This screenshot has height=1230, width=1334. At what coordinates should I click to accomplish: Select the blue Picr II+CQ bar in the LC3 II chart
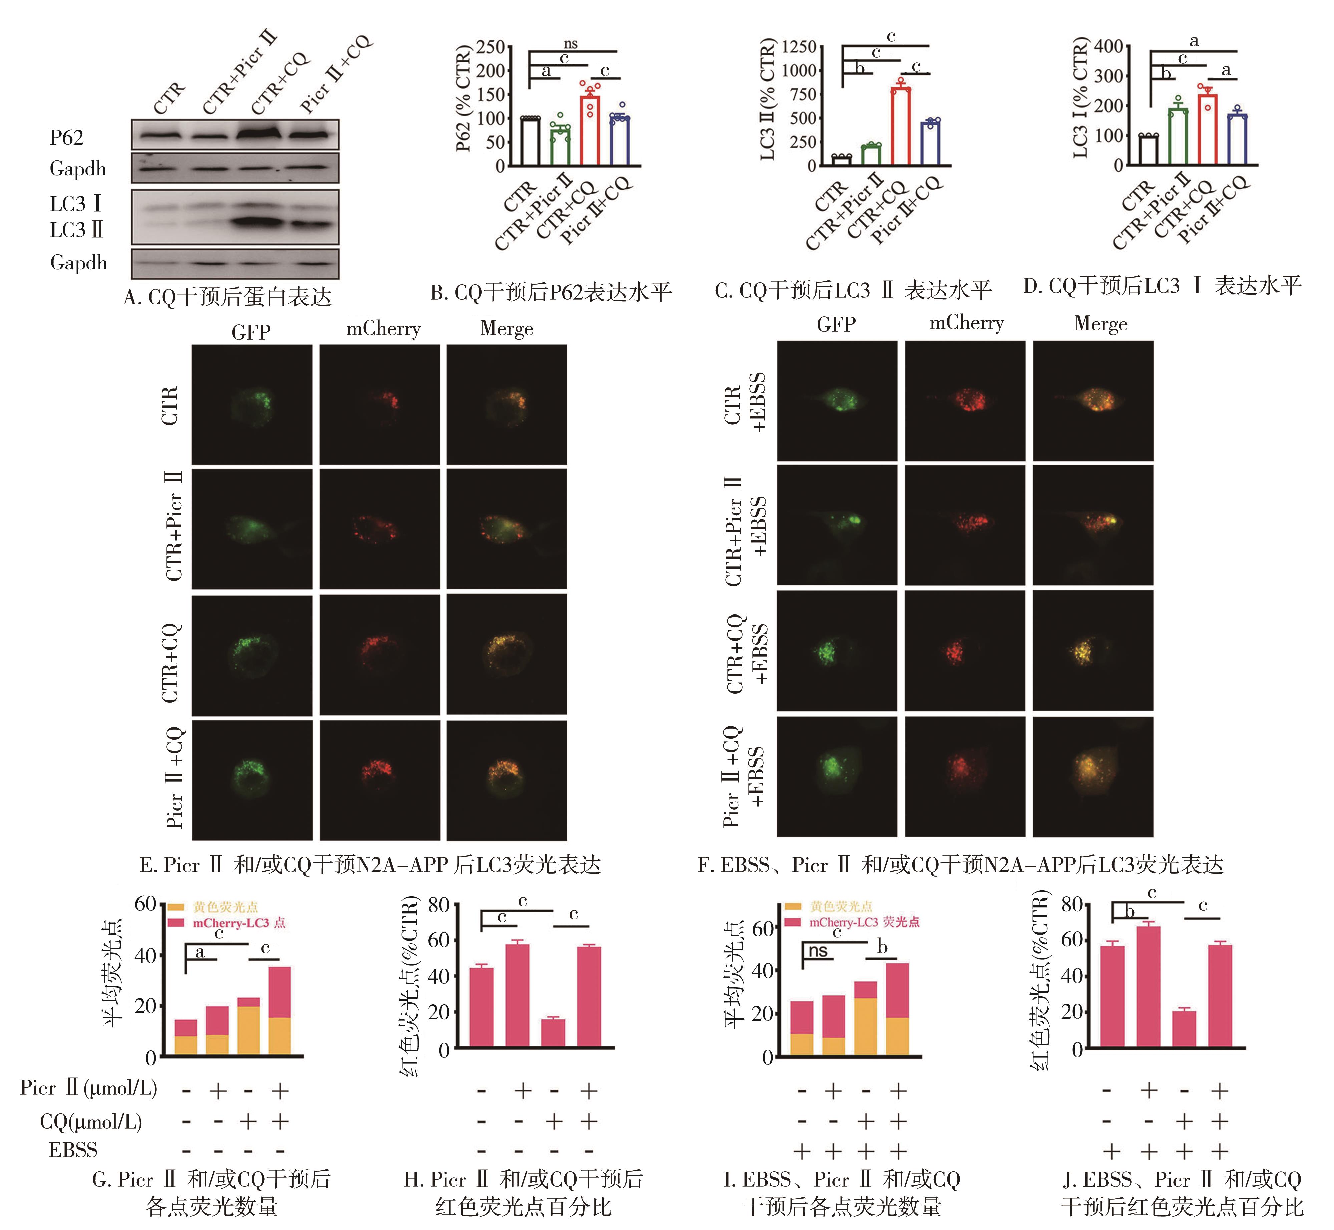click(930, 143)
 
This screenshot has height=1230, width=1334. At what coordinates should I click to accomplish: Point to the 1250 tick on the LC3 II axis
click(799, 47)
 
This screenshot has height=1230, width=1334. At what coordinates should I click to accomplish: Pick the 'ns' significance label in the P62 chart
click(571, 44)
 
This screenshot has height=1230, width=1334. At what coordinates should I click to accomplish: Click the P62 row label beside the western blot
click(67, 138)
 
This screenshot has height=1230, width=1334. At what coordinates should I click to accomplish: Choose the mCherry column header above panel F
click(966, 323)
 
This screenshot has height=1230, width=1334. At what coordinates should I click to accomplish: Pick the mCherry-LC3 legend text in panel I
click(864, 922)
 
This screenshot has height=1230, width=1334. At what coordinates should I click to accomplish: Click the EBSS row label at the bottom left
click(73, 1149)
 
